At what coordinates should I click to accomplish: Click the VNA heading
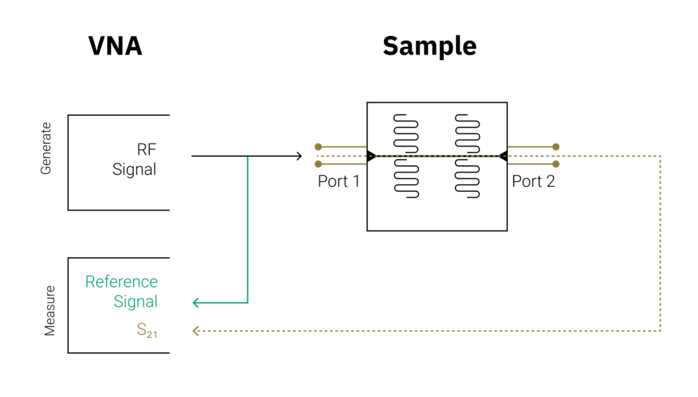tap(115, 46)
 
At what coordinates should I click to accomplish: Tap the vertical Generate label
tap(46, 149)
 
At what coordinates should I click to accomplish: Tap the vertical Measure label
tap(50, 310)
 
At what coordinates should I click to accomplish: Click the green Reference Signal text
tap(122, 291)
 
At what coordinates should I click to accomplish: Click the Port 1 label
tap(338, 181)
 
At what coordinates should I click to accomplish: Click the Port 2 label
tap(533, 181)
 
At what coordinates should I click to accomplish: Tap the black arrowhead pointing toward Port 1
tap(298, 156)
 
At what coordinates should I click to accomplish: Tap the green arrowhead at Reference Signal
tap(197, 302)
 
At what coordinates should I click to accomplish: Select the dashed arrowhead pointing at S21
tap(196, 331)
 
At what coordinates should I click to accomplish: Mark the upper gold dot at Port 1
tap(318, 147)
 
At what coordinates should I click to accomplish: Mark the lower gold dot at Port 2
tap(556, 164)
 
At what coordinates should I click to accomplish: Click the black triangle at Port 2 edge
tap(502, 156)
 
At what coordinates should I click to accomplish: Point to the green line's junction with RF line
tap(247, 156)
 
